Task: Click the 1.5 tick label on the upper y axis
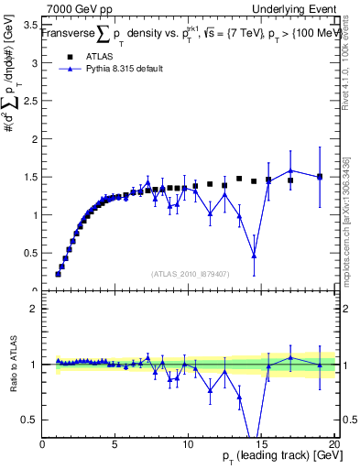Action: pos(29,177)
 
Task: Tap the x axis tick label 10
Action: pos(188,445)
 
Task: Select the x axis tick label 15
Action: pos(261,445)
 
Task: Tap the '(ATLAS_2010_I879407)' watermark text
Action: pos(189,272)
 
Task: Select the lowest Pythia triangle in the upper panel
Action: pos(254,256)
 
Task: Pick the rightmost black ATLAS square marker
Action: pos(320,177)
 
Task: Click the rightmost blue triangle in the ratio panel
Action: pos(320,365)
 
